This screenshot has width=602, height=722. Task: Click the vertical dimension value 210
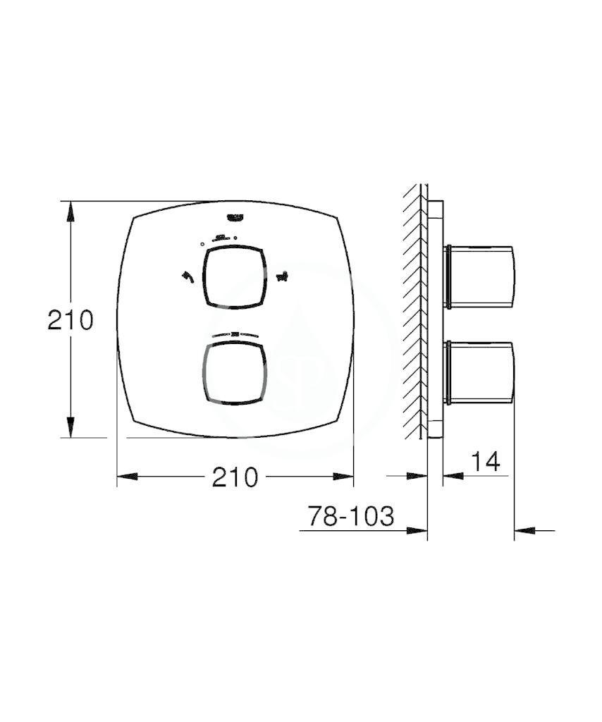click(70, 320)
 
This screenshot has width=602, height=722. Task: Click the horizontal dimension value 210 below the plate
click(235, 477)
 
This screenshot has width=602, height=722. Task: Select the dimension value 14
click(485, 462)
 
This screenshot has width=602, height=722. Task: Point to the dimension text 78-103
click(350, 517)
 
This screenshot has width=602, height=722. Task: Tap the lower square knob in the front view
click(235, 374)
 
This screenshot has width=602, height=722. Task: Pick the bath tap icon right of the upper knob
click(283, 276)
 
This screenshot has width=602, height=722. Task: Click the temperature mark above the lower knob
click(235, 334)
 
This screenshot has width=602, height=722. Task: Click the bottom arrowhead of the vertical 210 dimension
click(70, 427)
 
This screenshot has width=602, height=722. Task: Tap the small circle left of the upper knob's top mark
click(202, 243)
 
